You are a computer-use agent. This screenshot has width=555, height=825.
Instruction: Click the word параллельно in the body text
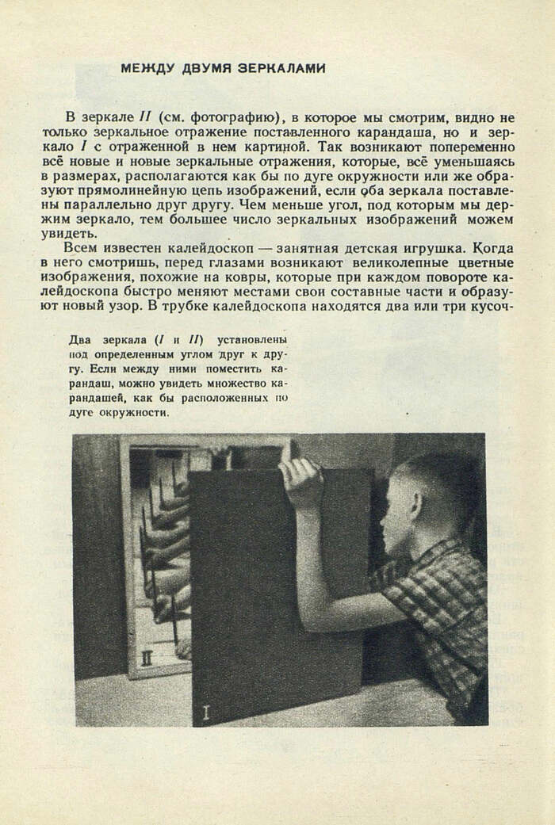133,205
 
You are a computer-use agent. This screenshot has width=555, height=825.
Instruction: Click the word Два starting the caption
80,340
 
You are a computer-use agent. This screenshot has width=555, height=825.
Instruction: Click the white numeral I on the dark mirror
206,712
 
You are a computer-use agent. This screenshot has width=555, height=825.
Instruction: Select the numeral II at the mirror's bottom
146,658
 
